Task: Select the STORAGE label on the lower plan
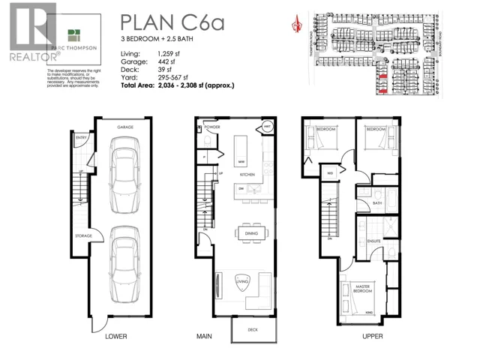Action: [82, 236]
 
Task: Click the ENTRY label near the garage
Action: [80, 138]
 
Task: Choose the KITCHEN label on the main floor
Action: [248, 174]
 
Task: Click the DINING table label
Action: [250, 234]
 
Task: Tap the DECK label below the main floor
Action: [250, 329]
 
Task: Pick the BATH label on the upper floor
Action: [377, 203]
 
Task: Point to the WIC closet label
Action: [329, 174]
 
